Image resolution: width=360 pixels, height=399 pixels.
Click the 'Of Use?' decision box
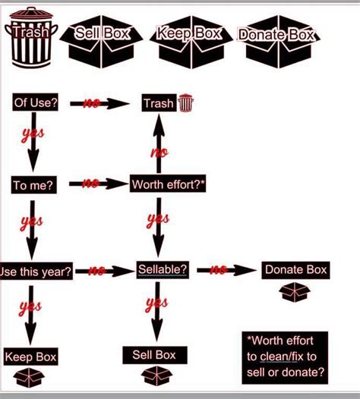pos(36,102)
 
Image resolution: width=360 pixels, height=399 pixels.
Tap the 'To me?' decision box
pos(33,184)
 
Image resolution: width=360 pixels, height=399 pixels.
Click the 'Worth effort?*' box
pos(168,184)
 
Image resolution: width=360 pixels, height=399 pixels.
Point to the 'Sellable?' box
pos(163,269)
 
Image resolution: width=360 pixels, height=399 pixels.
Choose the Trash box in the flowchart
pos(159,103)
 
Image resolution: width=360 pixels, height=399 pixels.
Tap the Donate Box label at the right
pos(295,270)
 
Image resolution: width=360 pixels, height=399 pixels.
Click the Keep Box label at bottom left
pos(30,357)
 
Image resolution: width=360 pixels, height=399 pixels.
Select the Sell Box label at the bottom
pos(154,355)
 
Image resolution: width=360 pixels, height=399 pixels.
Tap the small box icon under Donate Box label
pos(295,292)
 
